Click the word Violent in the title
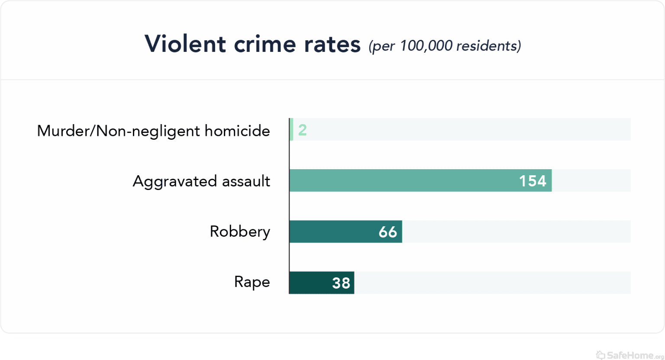click(x=185, y=44)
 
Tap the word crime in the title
click(x=264, y=44)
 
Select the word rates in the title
click(x=332, y=44)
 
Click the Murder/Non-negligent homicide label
click(x=153, y=131)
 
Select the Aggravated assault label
click(x=201, y=181)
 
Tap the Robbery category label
click(x=240, y=231)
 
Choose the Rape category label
click(x=252, y=282)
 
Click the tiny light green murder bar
click(x=291, y=129)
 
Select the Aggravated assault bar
click(x=403, y=180)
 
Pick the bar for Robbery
click(x=333, y=231)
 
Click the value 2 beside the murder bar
click(x=302, y=130)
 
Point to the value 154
click(x=533, y=181)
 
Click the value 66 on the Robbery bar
click(x=387, y=232)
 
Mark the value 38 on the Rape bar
click(x=341, y=283)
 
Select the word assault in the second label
click(x=246, y=181)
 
